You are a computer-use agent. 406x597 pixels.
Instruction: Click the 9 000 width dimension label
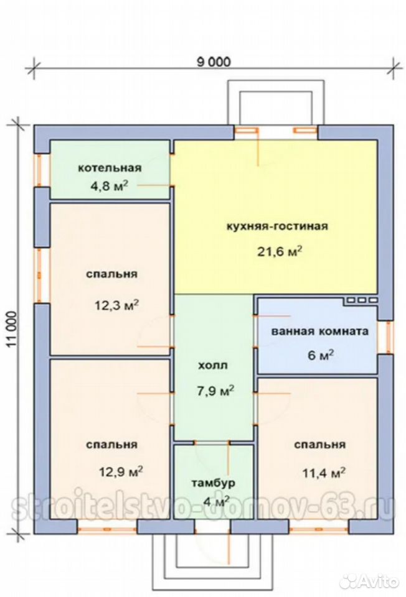[214, 62]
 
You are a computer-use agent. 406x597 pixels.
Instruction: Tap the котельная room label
[110, 168]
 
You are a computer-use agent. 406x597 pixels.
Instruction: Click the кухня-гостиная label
[277, 226]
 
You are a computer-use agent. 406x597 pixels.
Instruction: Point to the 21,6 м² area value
[280, 251]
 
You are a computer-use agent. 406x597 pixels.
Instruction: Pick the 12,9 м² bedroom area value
[121, 472]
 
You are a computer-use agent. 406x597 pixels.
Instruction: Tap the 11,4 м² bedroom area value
[324, 473]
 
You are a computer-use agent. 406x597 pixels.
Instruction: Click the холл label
[213, 366]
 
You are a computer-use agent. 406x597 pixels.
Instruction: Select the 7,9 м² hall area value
[215, 391]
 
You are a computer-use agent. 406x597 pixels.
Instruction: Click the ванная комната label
[320, 331]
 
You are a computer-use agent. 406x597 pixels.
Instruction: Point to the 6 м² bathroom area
[321, 355]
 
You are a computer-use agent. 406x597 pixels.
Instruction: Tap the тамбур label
[213, 483]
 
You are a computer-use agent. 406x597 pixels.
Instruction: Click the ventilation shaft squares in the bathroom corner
[361, 300]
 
